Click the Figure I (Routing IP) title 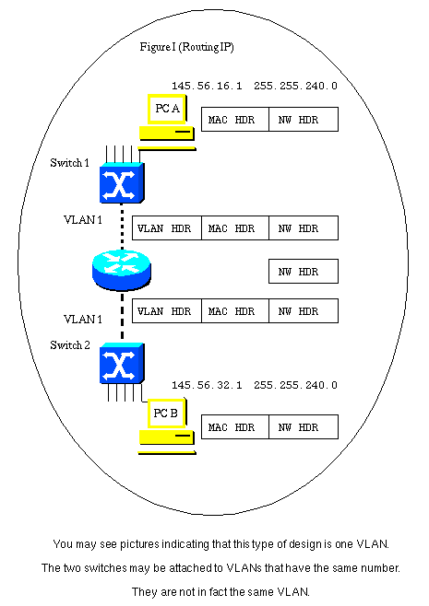(x=186, y=47)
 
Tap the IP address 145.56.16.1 (x=207, y=86)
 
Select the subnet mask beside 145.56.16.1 (x=295, y=86)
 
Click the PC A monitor (x=167, y=109)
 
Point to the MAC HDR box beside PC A (x=235, y=120)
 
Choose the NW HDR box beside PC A (x=304, y=120)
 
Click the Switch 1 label (x=70, y=163)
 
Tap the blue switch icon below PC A (x=122, y=182)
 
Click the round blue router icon (x=122, y=270)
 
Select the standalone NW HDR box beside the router (x=304, y=272)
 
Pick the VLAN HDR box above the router (x=167, y=228)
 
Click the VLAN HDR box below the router (x=167, y=310)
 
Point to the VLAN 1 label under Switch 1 (x=83, y=220)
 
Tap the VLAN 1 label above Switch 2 (x=83, y=320)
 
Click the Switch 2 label (x=70, y=345)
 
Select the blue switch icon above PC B (x=122, y=363)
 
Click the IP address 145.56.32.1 (x=207, y=385)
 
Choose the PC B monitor (x=167, y=414)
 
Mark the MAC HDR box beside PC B (x=235, y=426)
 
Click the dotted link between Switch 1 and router (x=123, y=227)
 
